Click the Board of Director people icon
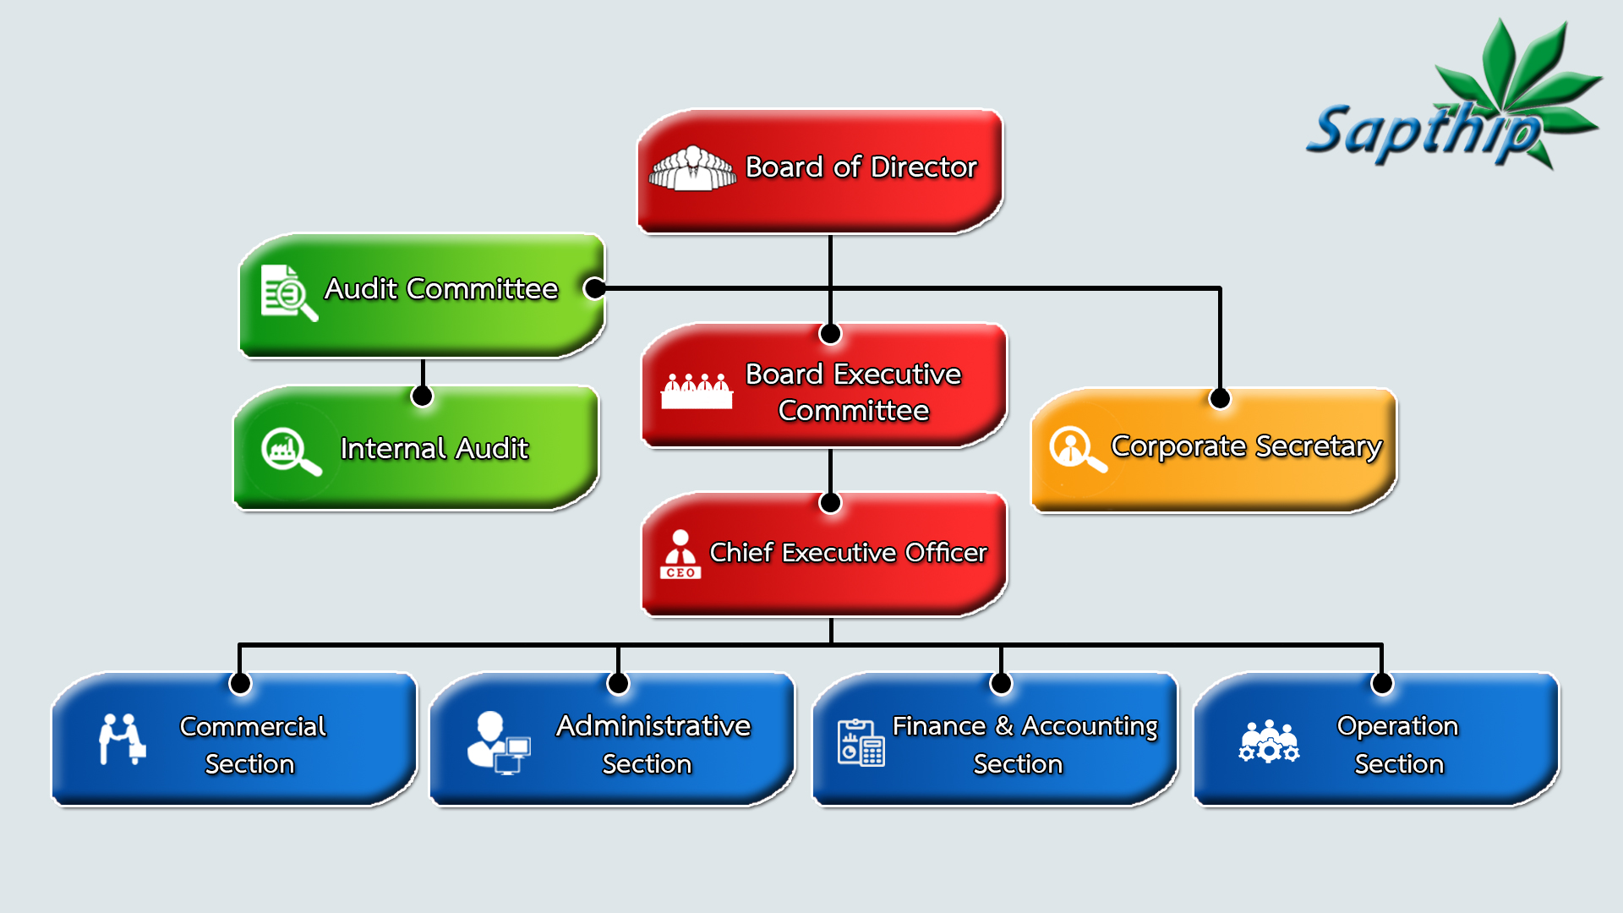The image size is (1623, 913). point(692,167)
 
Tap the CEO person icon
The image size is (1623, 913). point(680,555)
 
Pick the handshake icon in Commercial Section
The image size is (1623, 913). point(123,739)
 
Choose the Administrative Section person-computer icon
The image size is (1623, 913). point(499,742)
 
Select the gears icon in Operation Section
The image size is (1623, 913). point(1269,741)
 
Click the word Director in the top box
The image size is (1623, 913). point(924,167)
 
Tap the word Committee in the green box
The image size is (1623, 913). point(482,289)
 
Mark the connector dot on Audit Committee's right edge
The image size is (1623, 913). point(595,288)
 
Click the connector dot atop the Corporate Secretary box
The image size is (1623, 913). point(1220,398)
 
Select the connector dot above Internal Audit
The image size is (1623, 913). point(422,396)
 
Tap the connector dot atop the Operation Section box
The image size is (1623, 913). point(1382,683)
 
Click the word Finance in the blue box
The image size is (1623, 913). point(939,726)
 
